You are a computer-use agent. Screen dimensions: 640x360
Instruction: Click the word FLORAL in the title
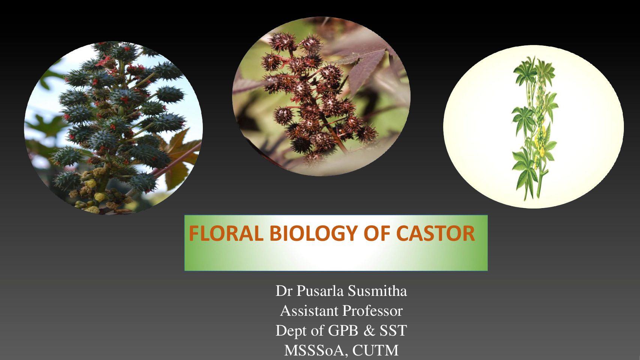(226, 233)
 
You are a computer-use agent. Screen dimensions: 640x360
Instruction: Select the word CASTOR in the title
(436, 233)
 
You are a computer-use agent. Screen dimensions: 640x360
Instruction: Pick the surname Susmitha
(378, 291)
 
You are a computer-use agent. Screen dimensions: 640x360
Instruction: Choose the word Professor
(373, 310)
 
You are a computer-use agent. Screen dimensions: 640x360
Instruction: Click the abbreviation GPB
(343, 331)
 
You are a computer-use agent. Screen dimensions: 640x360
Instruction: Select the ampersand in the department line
(369, 331)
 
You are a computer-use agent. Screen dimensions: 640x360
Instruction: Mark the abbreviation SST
(393, 331)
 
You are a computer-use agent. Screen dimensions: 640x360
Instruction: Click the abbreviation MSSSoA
(316, 350)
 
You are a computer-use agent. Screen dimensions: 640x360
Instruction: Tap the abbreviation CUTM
(375, 350)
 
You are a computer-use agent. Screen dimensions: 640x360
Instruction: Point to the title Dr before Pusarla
(284, 291)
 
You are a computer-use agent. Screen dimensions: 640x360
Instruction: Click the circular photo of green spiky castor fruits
(114, 128)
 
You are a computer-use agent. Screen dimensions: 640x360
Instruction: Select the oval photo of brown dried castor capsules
(321, 96)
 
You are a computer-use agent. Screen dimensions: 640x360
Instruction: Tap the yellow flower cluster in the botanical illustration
(540, 140)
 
